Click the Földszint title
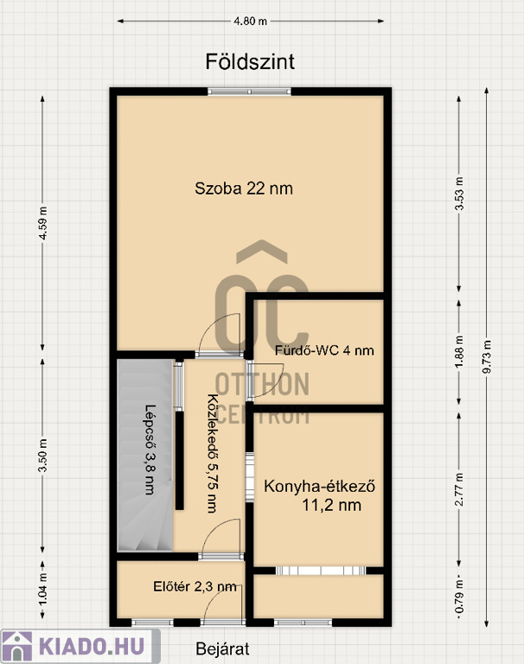pyautogui.click(x=250, y=62)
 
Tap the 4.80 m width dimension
pyautogui.click(x=251, y=21)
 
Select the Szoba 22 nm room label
pyautogui.click(x=244, y=188)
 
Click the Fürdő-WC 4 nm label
pyautogui.click(x=324, y=351)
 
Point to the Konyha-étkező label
pyautogui.click(x=319, y=486)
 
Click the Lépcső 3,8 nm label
pyautogui.click(x=150, y=450)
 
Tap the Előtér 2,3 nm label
pyautogui.click(x=195, y=586)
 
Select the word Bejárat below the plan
pyautogui.click(x=222, y=648)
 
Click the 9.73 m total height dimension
pyautogui.click(x=488, y=356)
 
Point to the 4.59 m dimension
pyautogui.click(x=42, y=223)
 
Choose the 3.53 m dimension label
pyautogui.click(x=459, y=193)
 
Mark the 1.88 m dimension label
pyautogui.click(x=459, y=352)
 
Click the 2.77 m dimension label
pyautogui.click(x=459, y=489)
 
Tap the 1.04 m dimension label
pyautogui.click(x=42, y=589)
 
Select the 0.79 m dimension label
pyautogui.click(x=459, y=596)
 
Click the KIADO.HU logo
pyautogui.click(x=80, y=647)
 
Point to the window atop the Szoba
pyautogui.click(x=250, y=91)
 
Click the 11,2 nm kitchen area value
pyautogui.click(x=332, y=505)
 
